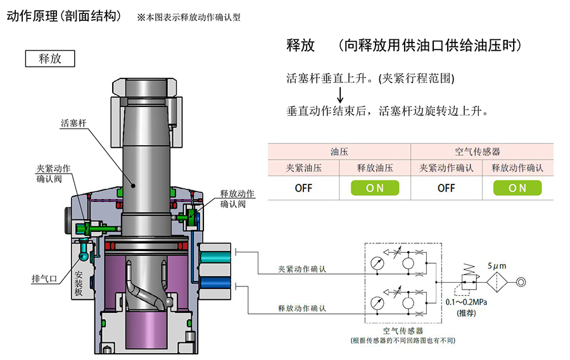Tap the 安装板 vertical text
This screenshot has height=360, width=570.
tap(79, 283)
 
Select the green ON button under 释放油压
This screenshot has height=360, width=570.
tap(375, 188)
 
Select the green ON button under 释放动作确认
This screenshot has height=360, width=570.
tap(517, 188)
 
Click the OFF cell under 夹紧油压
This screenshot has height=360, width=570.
tap(304, 188)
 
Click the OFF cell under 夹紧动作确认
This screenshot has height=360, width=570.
tap(446, 188)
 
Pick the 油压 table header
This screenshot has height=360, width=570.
tap(339, 152)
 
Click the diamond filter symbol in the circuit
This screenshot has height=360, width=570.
tap(498, 282)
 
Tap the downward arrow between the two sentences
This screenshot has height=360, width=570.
tap(340, 95)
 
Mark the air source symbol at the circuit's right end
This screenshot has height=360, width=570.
tap(521, 282)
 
